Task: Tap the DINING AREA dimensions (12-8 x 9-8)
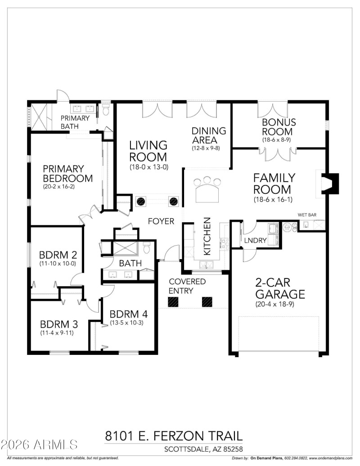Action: coord(208,148)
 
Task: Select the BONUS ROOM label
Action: coord(279,127)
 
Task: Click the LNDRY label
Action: coord(256,240)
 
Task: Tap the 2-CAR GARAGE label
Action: coord(280,288)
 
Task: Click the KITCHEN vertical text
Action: coord(207,237)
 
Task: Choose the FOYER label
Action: coord(162,221)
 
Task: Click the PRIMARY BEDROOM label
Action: coord(67,174)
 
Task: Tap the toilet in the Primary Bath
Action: coord(106,109)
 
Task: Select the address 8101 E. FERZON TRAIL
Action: coord(174,435)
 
